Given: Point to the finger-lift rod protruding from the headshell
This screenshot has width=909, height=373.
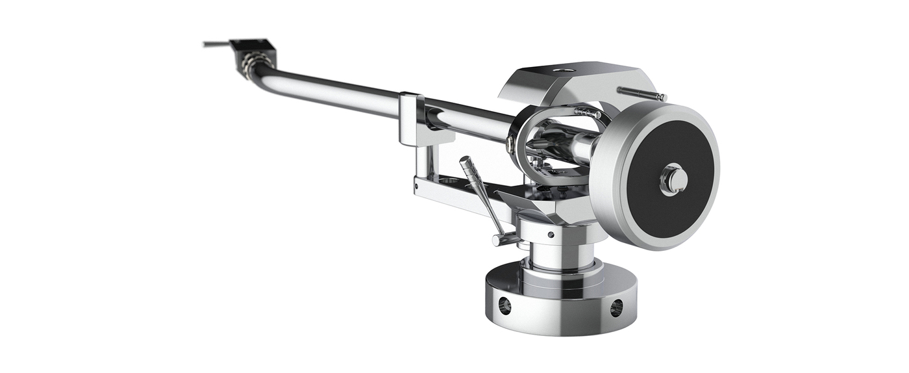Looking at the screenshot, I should [214, 45].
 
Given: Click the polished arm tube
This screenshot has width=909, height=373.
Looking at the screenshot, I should [338, 91].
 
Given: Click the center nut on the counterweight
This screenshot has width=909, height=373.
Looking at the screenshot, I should [674, 179].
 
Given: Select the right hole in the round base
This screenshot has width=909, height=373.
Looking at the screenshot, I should [616, 307].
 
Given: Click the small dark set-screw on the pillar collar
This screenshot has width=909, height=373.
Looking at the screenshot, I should [551, 235].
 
